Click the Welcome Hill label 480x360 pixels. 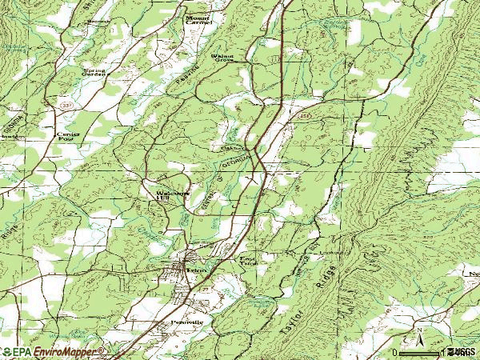point(172,194)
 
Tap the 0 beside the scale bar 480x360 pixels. point(396,352)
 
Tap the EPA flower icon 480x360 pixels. point(6,351)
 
